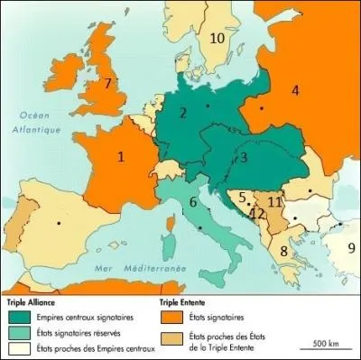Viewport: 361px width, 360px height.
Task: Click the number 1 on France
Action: coord(120,155)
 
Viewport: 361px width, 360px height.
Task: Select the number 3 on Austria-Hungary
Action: coord(244,158)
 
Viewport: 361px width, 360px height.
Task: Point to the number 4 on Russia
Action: coord(294,90)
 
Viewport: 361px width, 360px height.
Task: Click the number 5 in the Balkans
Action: coord(241,198)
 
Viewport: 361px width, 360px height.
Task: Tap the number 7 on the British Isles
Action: coord(107,83)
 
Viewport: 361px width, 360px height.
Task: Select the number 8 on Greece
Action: coord(284,250)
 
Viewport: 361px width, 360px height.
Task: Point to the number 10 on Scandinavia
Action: coord(217,38)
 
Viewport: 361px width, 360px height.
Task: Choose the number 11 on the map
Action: coord(275,200)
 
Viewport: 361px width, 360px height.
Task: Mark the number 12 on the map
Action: coord(257,214)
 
